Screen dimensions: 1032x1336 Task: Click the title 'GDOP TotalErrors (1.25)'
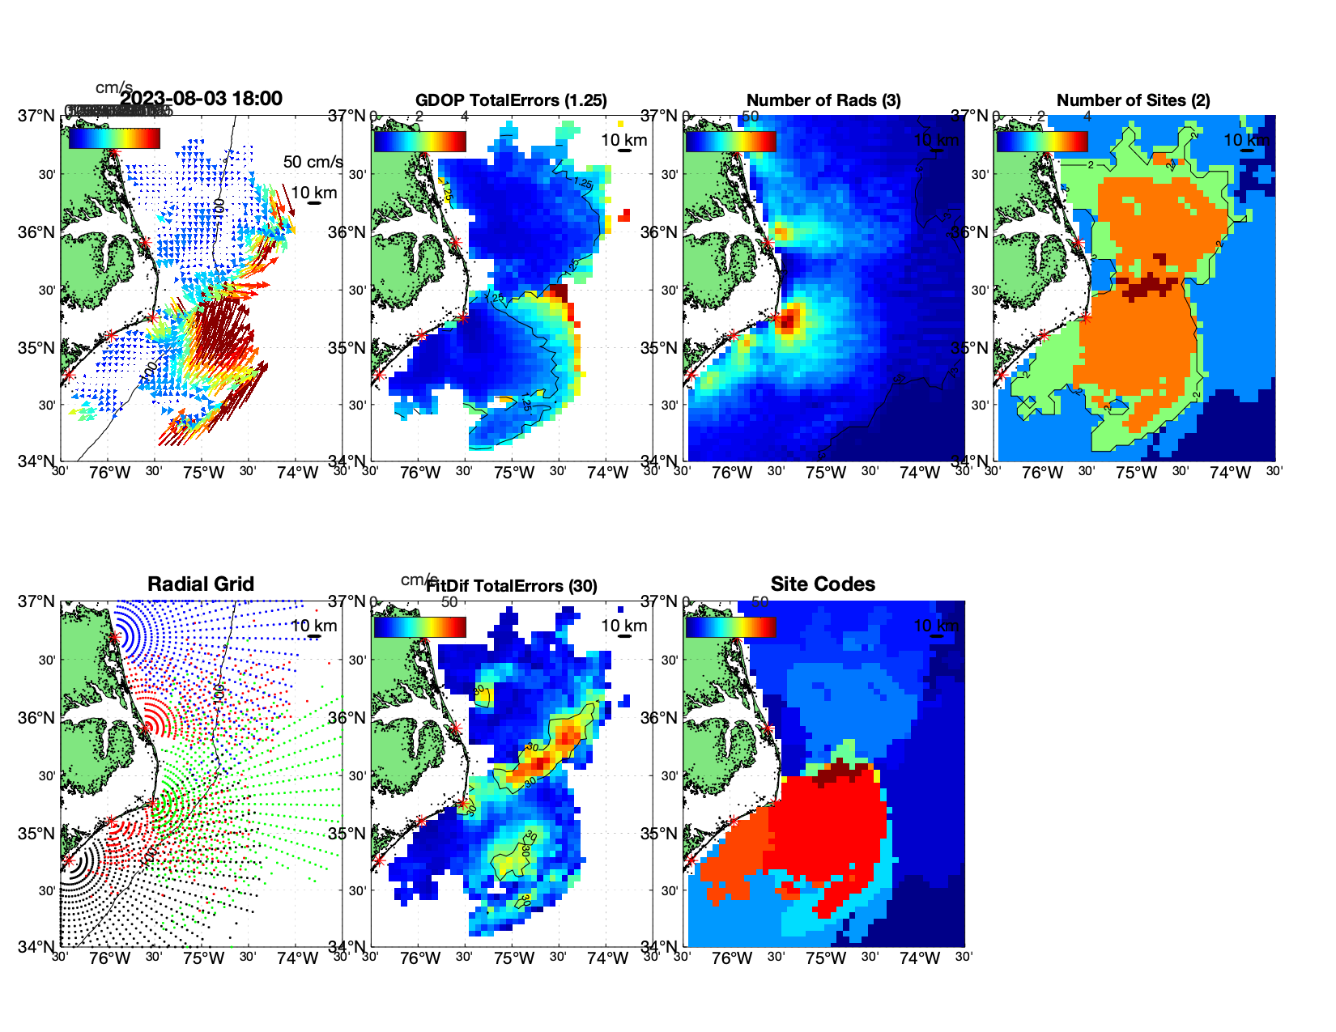pos(511,100)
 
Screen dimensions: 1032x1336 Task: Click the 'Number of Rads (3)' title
pos(823,100)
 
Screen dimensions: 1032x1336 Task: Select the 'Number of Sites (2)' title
pos(1134,100)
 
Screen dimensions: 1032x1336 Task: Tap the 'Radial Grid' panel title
pos(201,584)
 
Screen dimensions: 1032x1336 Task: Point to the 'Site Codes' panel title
pos(823,584)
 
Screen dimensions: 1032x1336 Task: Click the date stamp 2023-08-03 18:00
pos(202,99)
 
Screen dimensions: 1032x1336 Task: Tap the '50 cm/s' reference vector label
pos(313,162)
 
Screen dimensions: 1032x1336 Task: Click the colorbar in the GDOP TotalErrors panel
pos(419,141)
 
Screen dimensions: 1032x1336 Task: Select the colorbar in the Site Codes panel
pos(730,626)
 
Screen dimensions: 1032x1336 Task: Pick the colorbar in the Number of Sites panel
pos(1042,141)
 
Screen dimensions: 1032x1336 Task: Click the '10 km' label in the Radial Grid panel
pos(314,626)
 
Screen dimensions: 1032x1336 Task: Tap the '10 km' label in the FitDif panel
pos(624,626)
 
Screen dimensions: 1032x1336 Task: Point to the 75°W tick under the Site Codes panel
pos(826,958)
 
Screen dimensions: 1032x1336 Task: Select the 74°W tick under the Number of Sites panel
pos(1230,473)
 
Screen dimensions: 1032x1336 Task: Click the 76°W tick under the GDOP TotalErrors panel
pos(420,473)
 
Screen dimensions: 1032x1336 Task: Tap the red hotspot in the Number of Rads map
pos(789,318)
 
